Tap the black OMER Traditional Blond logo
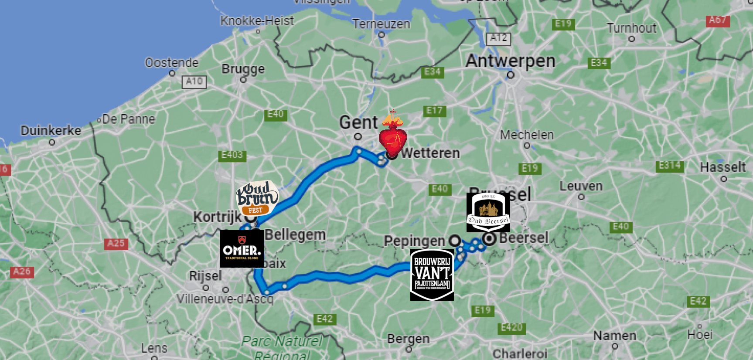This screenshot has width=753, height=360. coord(242,249)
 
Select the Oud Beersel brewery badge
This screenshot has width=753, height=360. coord(488,212)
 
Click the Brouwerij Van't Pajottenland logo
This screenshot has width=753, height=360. coord(432,275)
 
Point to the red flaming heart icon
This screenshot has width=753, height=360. coord(393,135)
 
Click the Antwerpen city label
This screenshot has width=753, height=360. coord(511,61)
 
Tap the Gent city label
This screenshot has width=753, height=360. coord(358,122)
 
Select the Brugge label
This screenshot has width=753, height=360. coord(243,69)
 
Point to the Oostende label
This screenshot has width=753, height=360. coord(172,63)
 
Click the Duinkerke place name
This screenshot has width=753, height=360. coord(51,130)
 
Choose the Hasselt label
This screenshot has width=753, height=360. coord(722,167)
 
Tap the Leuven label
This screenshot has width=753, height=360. coord(581,186)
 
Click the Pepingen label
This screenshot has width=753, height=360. coord(414,241)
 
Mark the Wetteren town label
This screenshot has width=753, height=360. coord(430,153)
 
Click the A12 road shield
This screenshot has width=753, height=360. coord(498,38)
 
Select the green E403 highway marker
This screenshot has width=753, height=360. coord(232,155)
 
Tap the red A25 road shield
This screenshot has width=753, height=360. coord(116,243)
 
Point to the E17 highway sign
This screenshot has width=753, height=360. coord(434,111)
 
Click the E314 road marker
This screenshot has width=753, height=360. coord(669,166)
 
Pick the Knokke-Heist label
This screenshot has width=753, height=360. coord(257,20)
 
